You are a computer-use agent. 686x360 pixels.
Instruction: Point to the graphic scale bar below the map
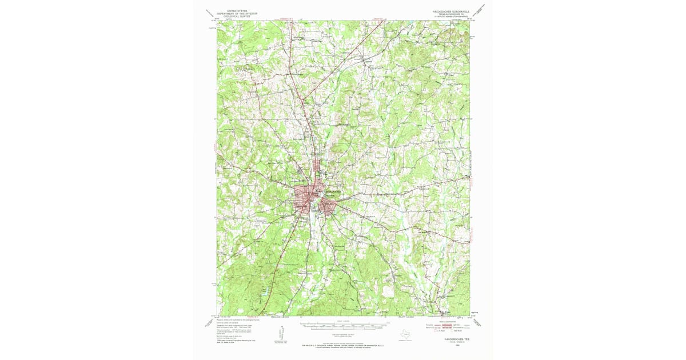(344, 327)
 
